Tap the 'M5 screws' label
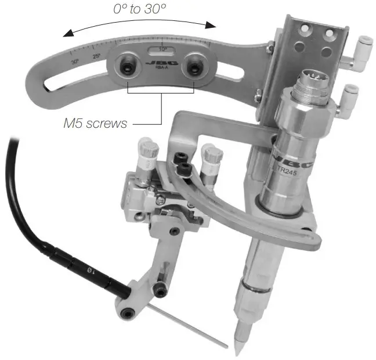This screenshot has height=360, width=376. click(95, 124)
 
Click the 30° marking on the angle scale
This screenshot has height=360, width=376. click(75, 60)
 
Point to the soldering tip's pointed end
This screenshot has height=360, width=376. click(238, 352)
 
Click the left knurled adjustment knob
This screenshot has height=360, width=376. click(149, 149)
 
